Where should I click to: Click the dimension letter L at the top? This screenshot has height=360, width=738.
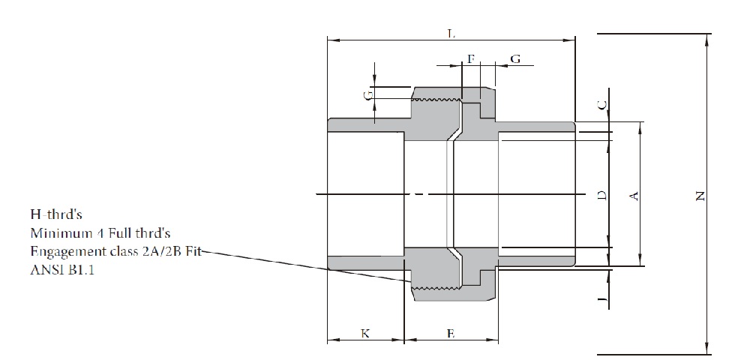[x=451, y=34]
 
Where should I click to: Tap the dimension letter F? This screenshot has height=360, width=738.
[x=470, y=58]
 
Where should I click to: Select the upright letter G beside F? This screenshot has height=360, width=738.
[x=515, y=58]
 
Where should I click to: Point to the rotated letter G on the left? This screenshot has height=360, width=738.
[x=367, y=96]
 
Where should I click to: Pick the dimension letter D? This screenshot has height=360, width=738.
[x=601, y=196]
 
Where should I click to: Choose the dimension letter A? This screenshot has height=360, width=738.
[x=633, y=196]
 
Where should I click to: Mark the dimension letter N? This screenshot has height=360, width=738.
[x=700, y=196]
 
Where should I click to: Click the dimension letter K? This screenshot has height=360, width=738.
[x=365, y=334]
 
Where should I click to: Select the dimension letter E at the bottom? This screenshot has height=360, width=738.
[x=450, y=334]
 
